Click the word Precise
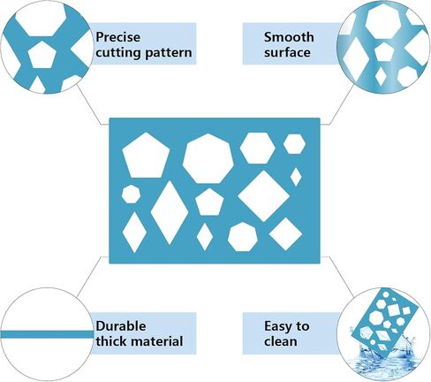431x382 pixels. tap(118, 37)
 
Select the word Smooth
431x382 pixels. tap(289, 37)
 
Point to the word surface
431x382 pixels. tap(287, 52)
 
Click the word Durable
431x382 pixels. tap(121, 326)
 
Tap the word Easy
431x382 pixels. tap(276, 326)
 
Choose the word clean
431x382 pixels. tap(280, 341)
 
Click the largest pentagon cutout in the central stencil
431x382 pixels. tap(146, 156)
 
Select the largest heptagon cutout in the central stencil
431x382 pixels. tap(208, 158)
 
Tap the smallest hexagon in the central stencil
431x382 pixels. tap(294, 144)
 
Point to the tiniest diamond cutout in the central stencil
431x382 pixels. tap(296, 177)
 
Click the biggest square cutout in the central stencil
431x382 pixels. tap(264, 196)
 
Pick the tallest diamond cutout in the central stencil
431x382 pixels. tap(170, 212)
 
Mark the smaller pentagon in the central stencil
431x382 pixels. tap(209, 202)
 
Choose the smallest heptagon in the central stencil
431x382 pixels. tap(131, 195)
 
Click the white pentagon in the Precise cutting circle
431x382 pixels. tap(42, 56)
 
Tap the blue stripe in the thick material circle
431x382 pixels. tap(47, 334)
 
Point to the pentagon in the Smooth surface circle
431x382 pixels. tap(384, 51)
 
